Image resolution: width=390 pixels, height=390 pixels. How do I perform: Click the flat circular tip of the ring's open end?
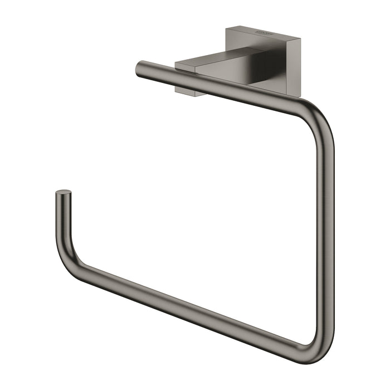[63, 193]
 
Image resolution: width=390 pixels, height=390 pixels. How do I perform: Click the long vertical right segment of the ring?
[325, 223]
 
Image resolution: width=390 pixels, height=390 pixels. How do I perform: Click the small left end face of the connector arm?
[184, 70]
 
